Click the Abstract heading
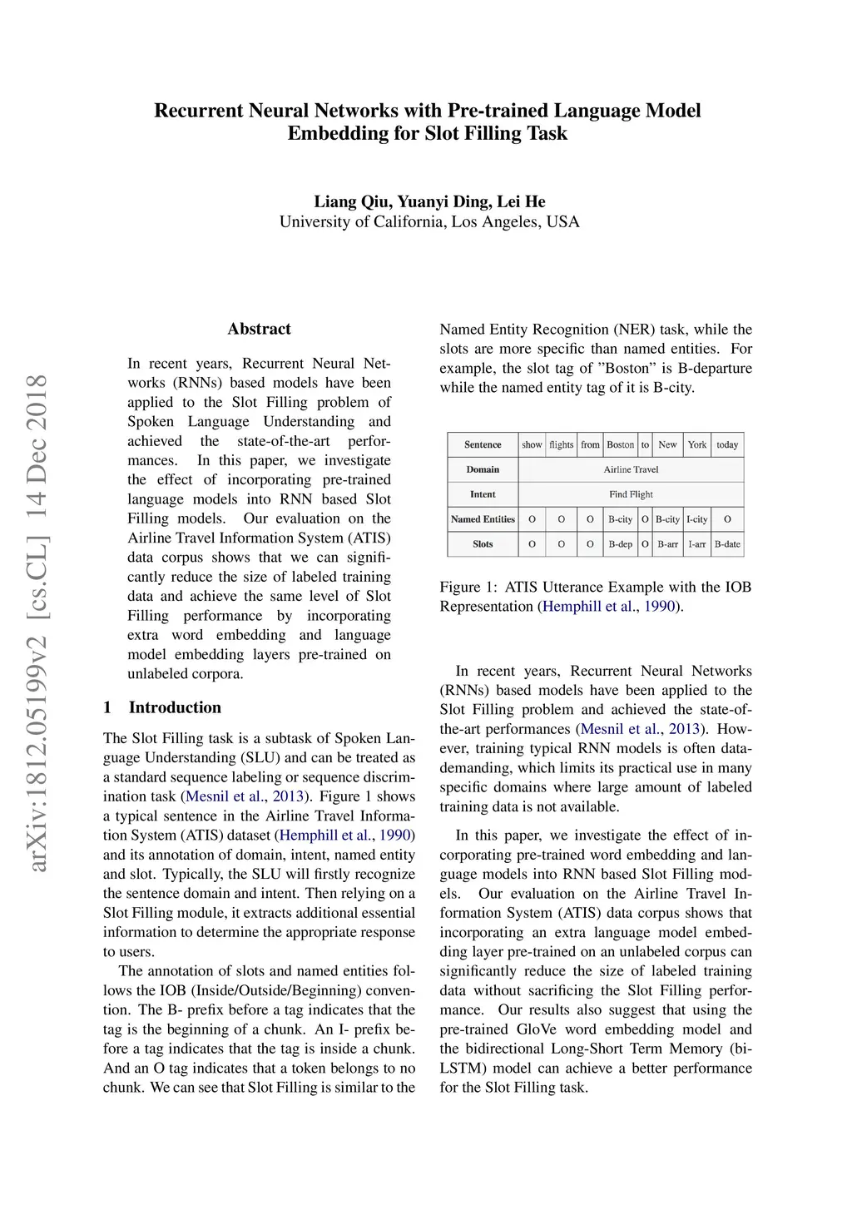point(259,329)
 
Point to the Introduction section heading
point(175,707)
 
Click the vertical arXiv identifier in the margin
point(37,624)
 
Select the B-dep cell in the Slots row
point(620,544)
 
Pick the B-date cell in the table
point(727,544)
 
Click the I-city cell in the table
point(696,519)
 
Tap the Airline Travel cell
point(631,469)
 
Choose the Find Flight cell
point(631,494)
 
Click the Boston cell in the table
point(620,444)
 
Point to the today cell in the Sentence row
point(727,444)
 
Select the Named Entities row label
point(483,519)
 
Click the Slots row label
point(483,544)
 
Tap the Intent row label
point(483,494)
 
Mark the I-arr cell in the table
point(696,544)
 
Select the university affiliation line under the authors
point(429,222)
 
